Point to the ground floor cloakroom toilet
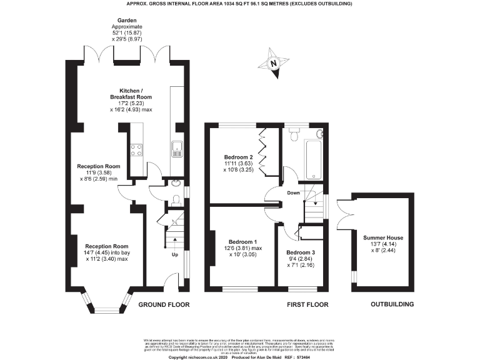click(176, 199)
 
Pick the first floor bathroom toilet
click(294, 134)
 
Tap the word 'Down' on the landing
click(293, 193)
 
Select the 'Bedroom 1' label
click(242, 241)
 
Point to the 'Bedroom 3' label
click(301, 252)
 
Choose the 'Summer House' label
click(382, 237)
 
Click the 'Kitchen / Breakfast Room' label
click(131, 94)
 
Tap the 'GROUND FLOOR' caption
click(164, 304)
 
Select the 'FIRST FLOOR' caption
click(307, 304)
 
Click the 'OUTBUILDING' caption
click(392, 304)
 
